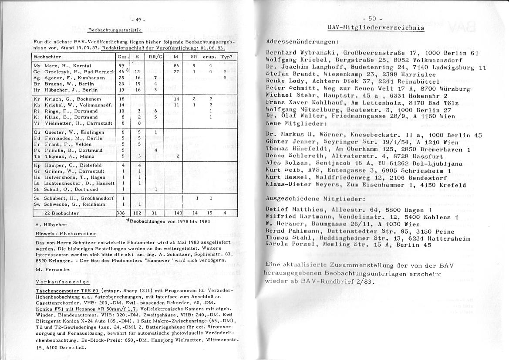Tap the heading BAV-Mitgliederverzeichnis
[x=376, y=27]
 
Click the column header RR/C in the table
[x=155, y=57]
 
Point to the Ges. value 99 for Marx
[x=121, y=65]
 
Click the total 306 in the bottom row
[x=121, y=213]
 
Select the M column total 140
[x=178, y=213]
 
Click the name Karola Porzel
[x=286, y=245]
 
